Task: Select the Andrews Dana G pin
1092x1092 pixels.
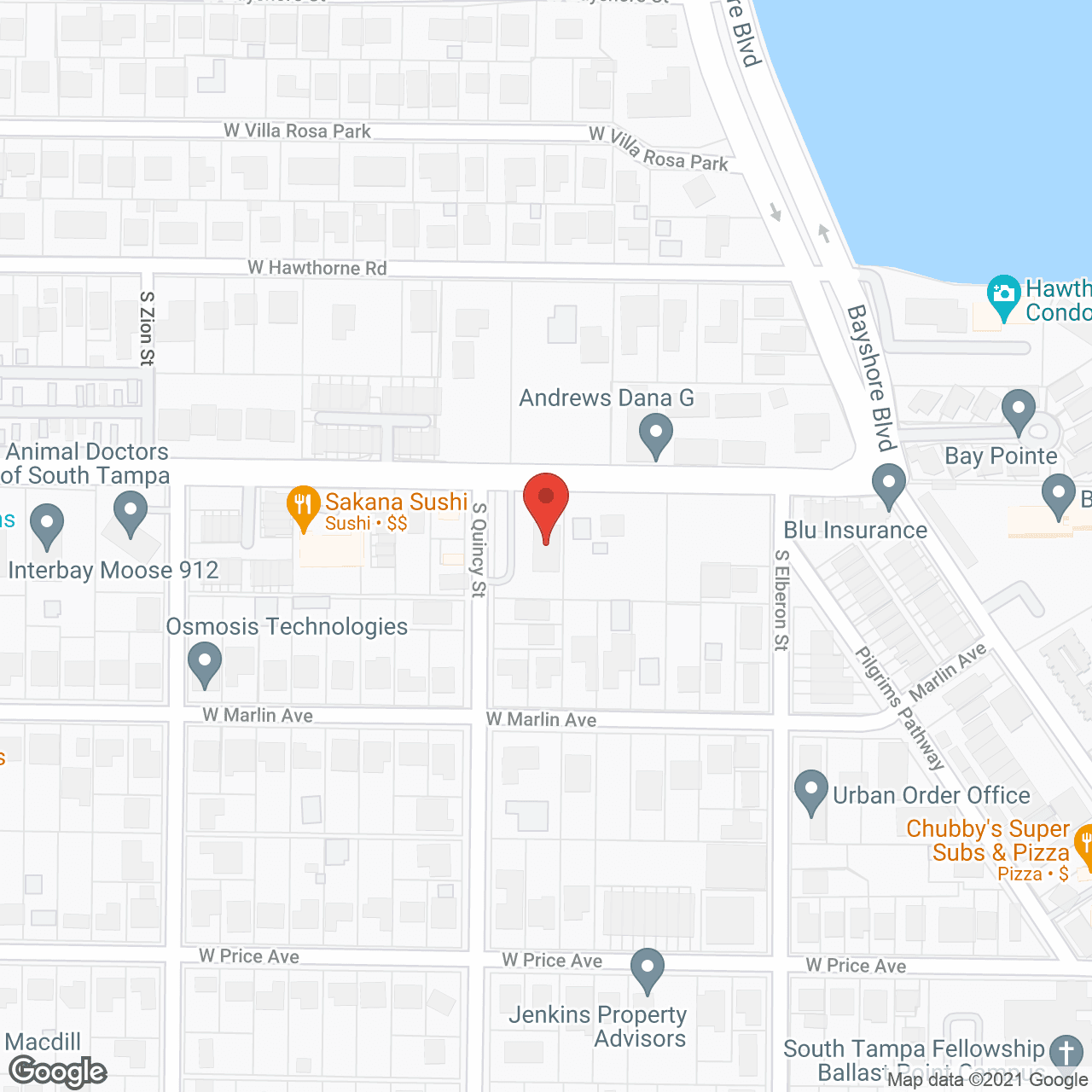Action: (x=655, y=434)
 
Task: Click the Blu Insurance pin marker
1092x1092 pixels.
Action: (x=888, y=485)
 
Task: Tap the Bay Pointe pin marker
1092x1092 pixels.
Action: (x=1018, y=410)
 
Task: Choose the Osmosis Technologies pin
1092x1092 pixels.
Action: (x=205, y=663)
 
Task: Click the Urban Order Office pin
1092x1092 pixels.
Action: (x=810, y=791)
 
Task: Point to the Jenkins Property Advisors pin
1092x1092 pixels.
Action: (x=648, y=969)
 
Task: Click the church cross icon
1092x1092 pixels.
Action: (x=1066, y=1052)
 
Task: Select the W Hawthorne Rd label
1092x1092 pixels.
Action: (x=317, y=268)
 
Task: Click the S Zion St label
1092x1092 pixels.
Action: (x=147, y=328)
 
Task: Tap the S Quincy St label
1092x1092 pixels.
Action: (x=479, y=549)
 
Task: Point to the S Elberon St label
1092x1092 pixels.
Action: (x=781, y=600)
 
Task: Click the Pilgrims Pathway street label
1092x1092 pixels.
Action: (x=900, y=708)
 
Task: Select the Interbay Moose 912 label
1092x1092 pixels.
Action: (x=113, y=570)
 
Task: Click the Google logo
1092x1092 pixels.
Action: (x=58, y=1072)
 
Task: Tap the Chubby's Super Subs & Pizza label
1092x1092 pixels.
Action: (x=988, y=840)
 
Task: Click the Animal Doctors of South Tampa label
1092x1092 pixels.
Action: (x=87, y=463)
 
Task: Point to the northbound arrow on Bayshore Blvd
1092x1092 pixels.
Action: (x=823, y=232)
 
